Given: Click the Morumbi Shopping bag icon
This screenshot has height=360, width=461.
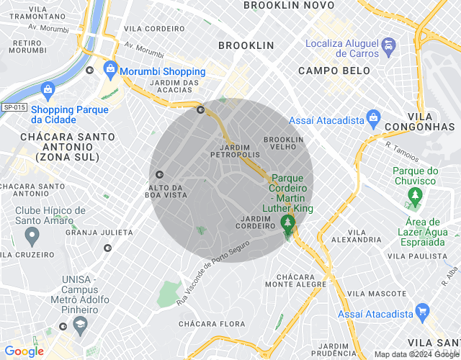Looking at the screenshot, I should point(110,70).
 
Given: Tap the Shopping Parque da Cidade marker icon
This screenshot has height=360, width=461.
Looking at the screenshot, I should point(48,90).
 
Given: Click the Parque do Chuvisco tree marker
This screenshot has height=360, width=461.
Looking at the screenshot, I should point(414,194).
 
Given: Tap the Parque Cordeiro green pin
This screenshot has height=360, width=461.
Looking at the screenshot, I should point(288,224).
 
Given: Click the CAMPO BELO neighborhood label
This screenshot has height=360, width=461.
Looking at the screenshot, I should point(334,71).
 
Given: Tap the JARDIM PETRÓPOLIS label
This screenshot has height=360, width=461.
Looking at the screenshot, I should point(235,150).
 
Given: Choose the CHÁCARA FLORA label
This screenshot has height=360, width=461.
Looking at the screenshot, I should point(208,324).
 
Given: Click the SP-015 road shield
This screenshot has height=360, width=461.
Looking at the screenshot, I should point(14,107).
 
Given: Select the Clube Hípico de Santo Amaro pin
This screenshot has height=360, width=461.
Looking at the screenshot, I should point(32,235).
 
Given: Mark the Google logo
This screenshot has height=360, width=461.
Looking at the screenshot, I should point(23,351).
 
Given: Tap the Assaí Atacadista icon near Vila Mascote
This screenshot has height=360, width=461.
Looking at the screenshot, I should point(423,312).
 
